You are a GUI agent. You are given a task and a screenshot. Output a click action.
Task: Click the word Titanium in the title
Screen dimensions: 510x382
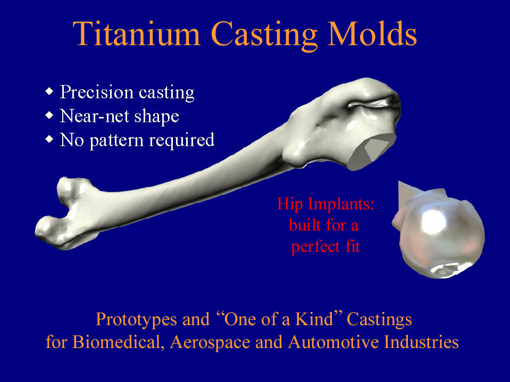coord(137,34)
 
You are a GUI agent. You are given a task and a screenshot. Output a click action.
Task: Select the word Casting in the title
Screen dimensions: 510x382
coord(264,36)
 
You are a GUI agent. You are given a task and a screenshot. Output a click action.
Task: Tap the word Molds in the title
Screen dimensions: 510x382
coord(372,34)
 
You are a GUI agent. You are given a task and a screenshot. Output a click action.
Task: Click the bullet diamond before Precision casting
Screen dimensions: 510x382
coord(49,91)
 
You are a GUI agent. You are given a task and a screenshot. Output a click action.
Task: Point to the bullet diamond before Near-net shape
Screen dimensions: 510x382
coord(49,115)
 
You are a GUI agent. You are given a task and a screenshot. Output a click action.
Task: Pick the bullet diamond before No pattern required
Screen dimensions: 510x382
coord(49,139)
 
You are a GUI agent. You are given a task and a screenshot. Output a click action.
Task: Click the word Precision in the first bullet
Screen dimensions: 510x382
coord(97,92)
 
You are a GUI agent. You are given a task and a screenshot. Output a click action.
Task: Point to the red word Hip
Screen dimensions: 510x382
coord(290,205)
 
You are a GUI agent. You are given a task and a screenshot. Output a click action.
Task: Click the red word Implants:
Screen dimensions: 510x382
coord(341,205)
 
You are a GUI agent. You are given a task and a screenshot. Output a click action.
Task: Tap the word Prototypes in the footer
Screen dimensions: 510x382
coord(136,320)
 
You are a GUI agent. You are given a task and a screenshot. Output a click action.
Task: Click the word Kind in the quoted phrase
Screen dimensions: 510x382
coord(314,319)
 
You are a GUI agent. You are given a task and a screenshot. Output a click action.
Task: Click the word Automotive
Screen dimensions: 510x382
coord(333,342)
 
